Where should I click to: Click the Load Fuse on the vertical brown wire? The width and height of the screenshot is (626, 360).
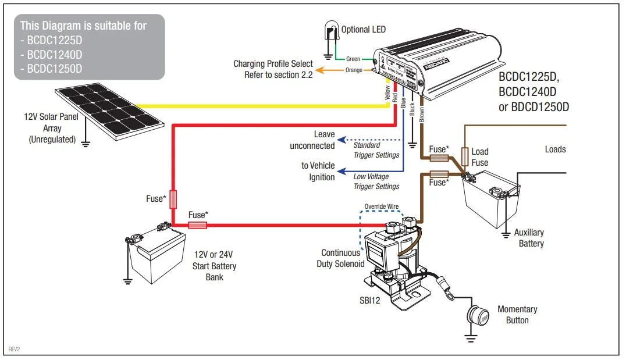tap(465, 156)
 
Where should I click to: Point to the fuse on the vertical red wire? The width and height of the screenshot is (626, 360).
tap(173, 199)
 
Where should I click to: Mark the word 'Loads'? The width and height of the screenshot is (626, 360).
tap(555, 149)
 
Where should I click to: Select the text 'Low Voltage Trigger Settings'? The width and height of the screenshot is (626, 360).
tap(376, 181)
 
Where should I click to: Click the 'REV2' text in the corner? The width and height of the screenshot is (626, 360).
tap(13, 350)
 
